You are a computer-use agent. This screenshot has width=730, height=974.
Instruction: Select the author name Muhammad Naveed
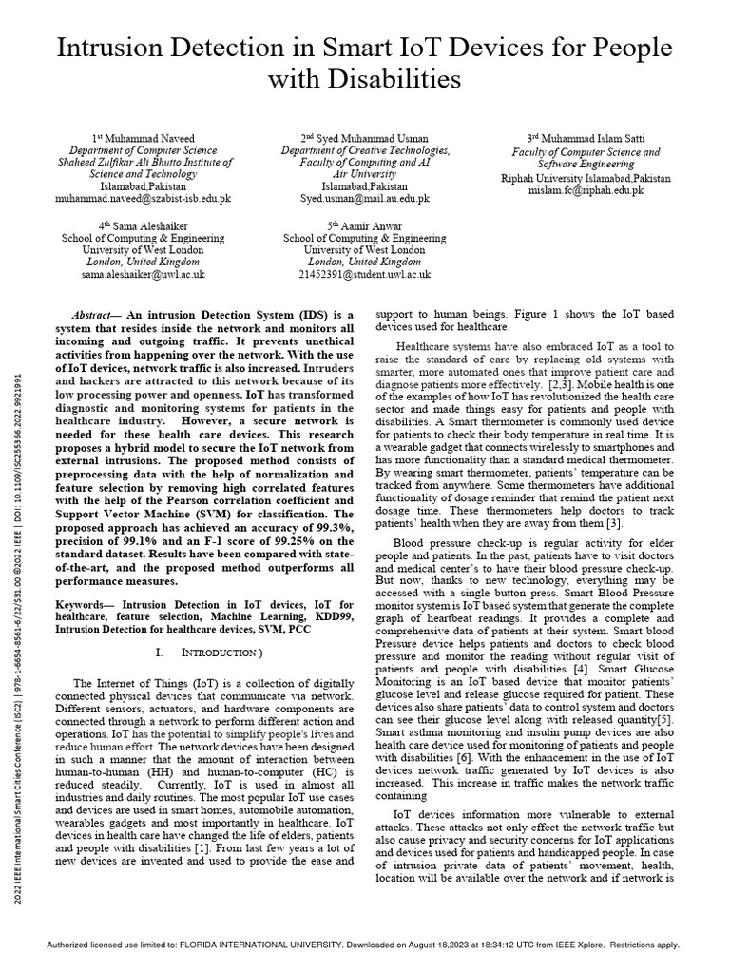click(148, 138)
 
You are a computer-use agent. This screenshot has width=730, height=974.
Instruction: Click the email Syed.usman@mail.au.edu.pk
click(365, 199)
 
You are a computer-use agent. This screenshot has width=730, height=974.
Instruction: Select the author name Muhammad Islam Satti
click(594, 138)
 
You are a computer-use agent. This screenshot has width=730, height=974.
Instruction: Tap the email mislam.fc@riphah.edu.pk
click(586, 190)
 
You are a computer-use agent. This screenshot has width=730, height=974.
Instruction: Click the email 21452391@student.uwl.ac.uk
click(364, 274)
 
